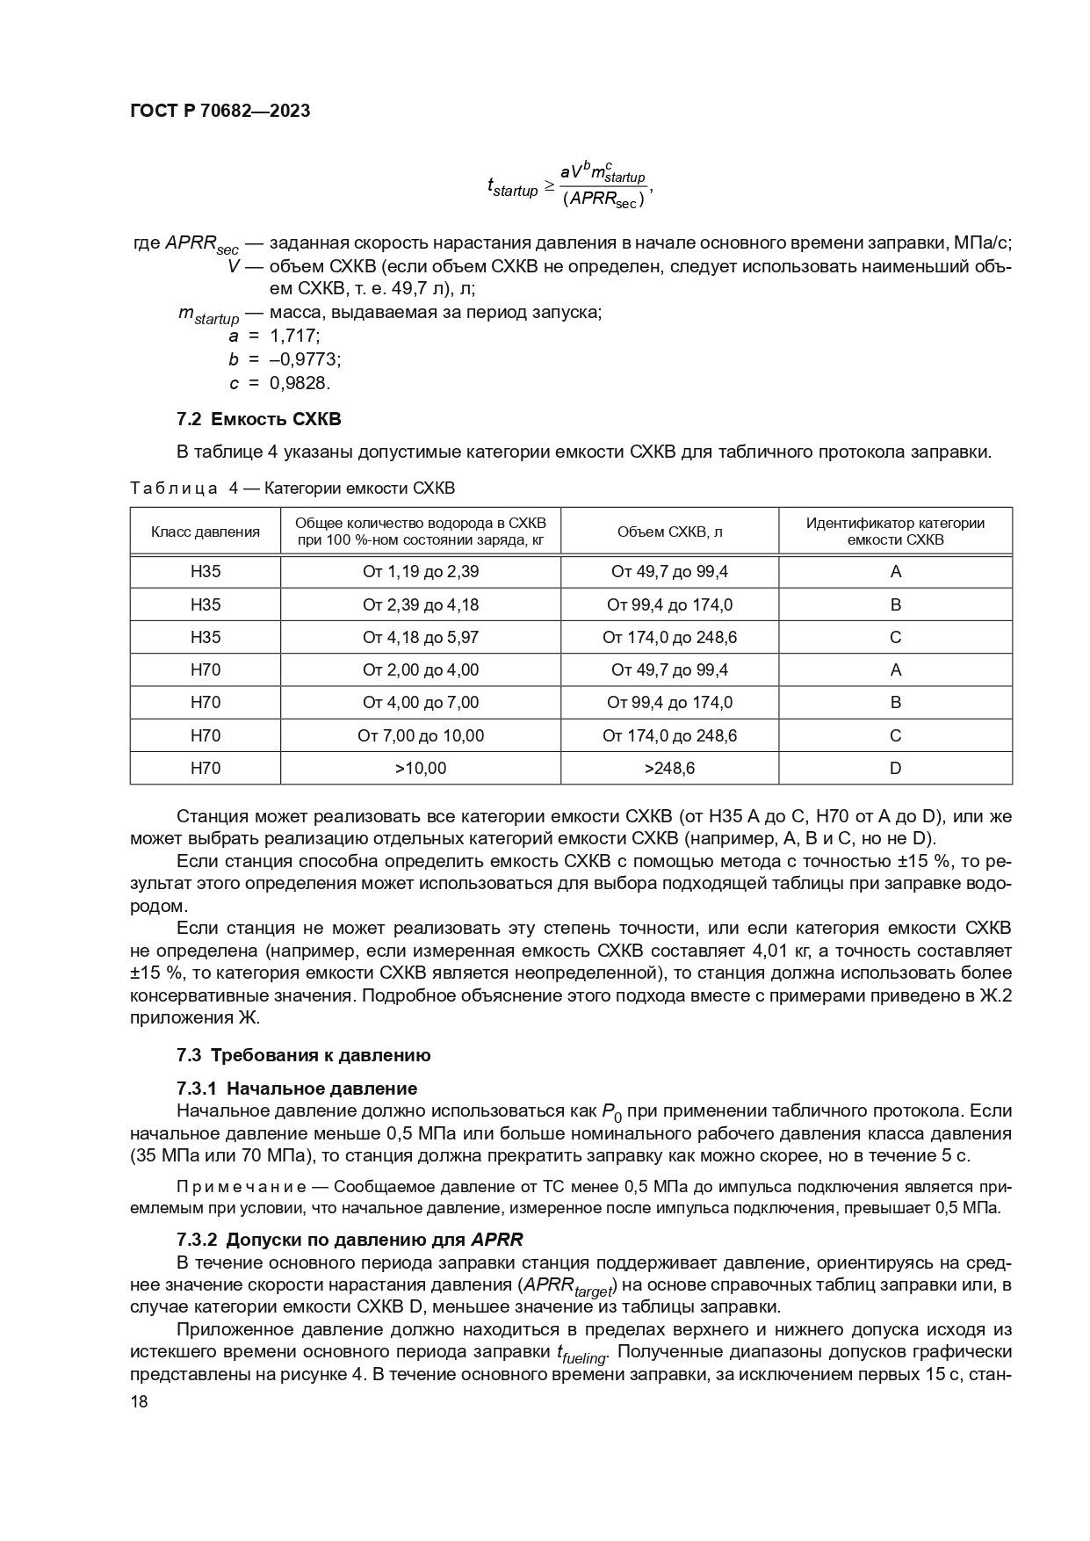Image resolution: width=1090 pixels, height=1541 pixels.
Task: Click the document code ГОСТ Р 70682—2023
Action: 220,112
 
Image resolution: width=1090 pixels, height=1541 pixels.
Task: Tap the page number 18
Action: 139,1402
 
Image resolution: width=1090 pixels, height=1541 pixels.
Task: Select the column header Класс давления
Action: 206,532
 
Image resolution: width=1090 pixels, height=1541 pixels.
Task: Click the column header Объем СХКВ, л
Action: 669,532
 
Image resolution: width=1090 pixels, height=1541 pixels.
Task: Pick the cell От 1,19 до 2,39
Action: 421,572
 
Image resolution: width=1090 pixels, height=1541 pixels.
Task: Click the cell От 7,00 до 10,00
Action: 421,735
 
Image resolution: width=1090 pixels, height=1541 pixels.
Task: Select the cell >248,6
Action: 669,769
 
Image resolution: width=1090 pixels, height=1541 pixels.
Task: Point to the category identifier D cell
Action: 895,769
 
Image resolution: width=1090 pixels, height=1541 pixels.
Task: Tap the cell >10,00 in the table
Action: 421,769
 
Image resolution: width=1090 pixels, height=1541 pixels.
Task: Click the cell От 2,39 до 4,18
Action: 421,604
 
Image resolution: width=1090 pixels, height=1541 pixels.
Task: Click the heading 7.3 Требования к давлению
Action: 303,1055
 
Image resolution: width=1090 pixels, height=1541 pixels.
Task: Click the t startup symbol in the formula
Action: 512,187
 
